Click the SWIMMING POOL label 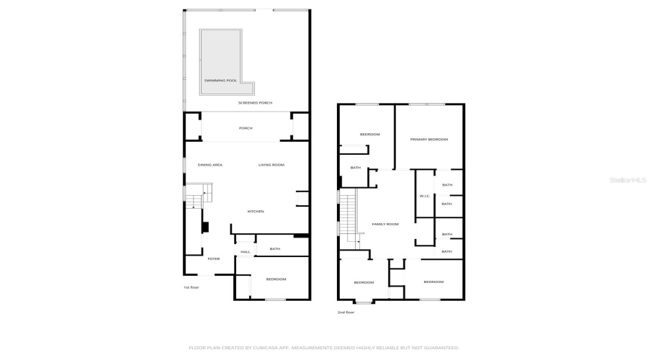[221, 81]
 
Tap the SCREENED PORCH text [256, 103]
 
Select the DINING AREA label [210, 165]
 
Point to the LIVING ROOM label [271, 165]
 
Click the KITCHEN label [256, 211]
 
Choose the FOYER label [214, 258]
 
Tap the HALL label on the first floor [245, 252]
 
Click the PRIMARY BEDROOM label [429, 139]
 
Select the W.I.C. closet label [424, 197]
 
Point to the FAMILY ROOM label [385, 224]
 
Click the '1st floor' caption [191, 287]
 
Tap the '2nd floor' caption [346, 312]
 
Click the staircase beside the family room [348, 216]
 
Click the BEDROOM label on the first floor [276, 279]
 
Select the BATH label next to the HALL [275, 249]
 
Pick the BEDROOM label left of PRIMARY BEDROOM [369, 135]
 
